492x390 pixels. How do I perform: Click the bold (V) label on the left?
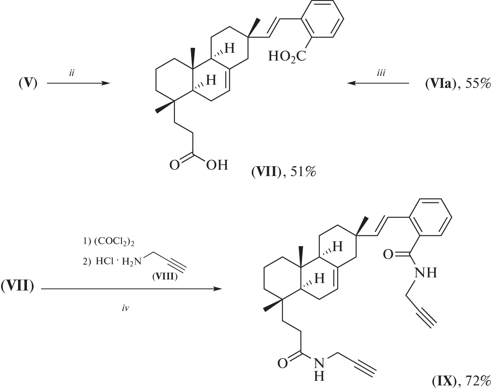[x=28, y=84]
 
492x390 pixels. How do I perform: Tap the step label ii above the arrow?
[x=72, y=73]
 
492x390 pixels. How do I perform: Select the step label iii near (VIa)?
[x=381, y=73]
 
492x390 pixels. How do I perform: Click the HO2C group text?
[x=287, y=56]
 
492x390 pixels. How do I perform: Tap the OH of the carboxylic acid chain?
[x=217, y=165]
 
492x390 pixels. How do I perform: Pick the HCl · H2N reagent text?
[x=118, y=261]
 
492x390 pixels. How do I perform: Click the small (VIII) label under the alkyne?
[x=165, y=277]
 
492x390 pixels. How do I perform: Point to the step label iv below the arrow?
[x=125, y=309]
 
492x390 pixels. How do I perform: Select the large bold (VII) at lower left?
[x=17, y=286]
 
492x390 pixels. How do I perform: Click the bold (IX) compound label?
[x=443, y=381]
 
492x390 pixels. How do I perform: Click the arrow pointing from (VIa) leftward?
[x=378, y=83]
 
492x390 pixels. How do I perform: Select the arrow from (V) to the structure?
[x=79, y=83]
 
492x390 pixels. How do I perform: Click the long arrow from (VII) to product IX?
[x=131, y=289]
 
